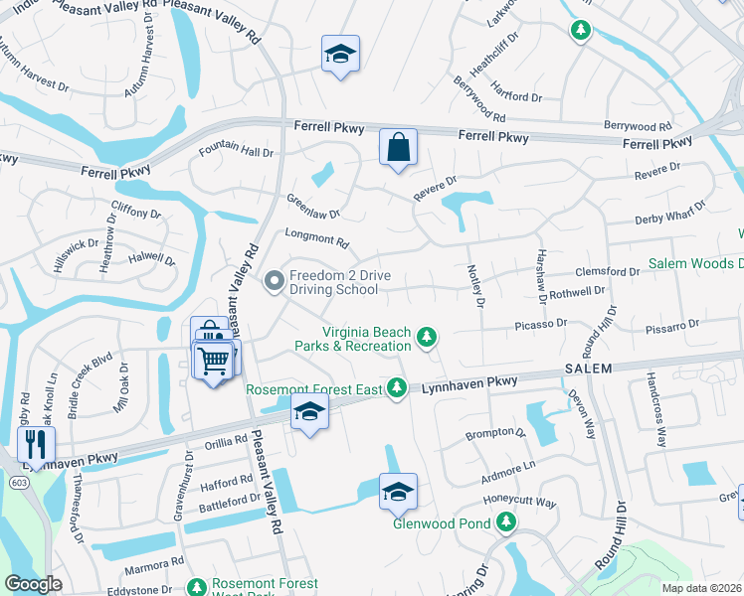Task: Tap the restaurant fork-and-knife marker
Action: pyautogui.click(x=35, y=443)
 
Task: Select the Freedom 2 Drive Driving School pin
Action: pyautogui.click(x=275, y=282)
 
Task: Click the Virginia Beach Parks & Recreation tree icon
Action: pyautogui.click(x=427, y=338)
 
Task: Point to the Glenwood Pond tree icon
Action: pyautogui.click(x=506, y=521)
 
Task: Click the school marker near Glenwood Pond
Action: pyautogui.click(x=398, y=491)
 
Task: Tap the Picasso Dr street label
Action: pyautogui.click(x=540, y=323)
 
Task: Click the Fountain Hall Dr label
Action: pyautogui.click(x=236, y=151)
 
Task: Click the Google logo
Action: pyautogui.click(x=34, y=584)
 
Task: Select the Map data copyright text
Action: pyautogui.click(x=701, y=587)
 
